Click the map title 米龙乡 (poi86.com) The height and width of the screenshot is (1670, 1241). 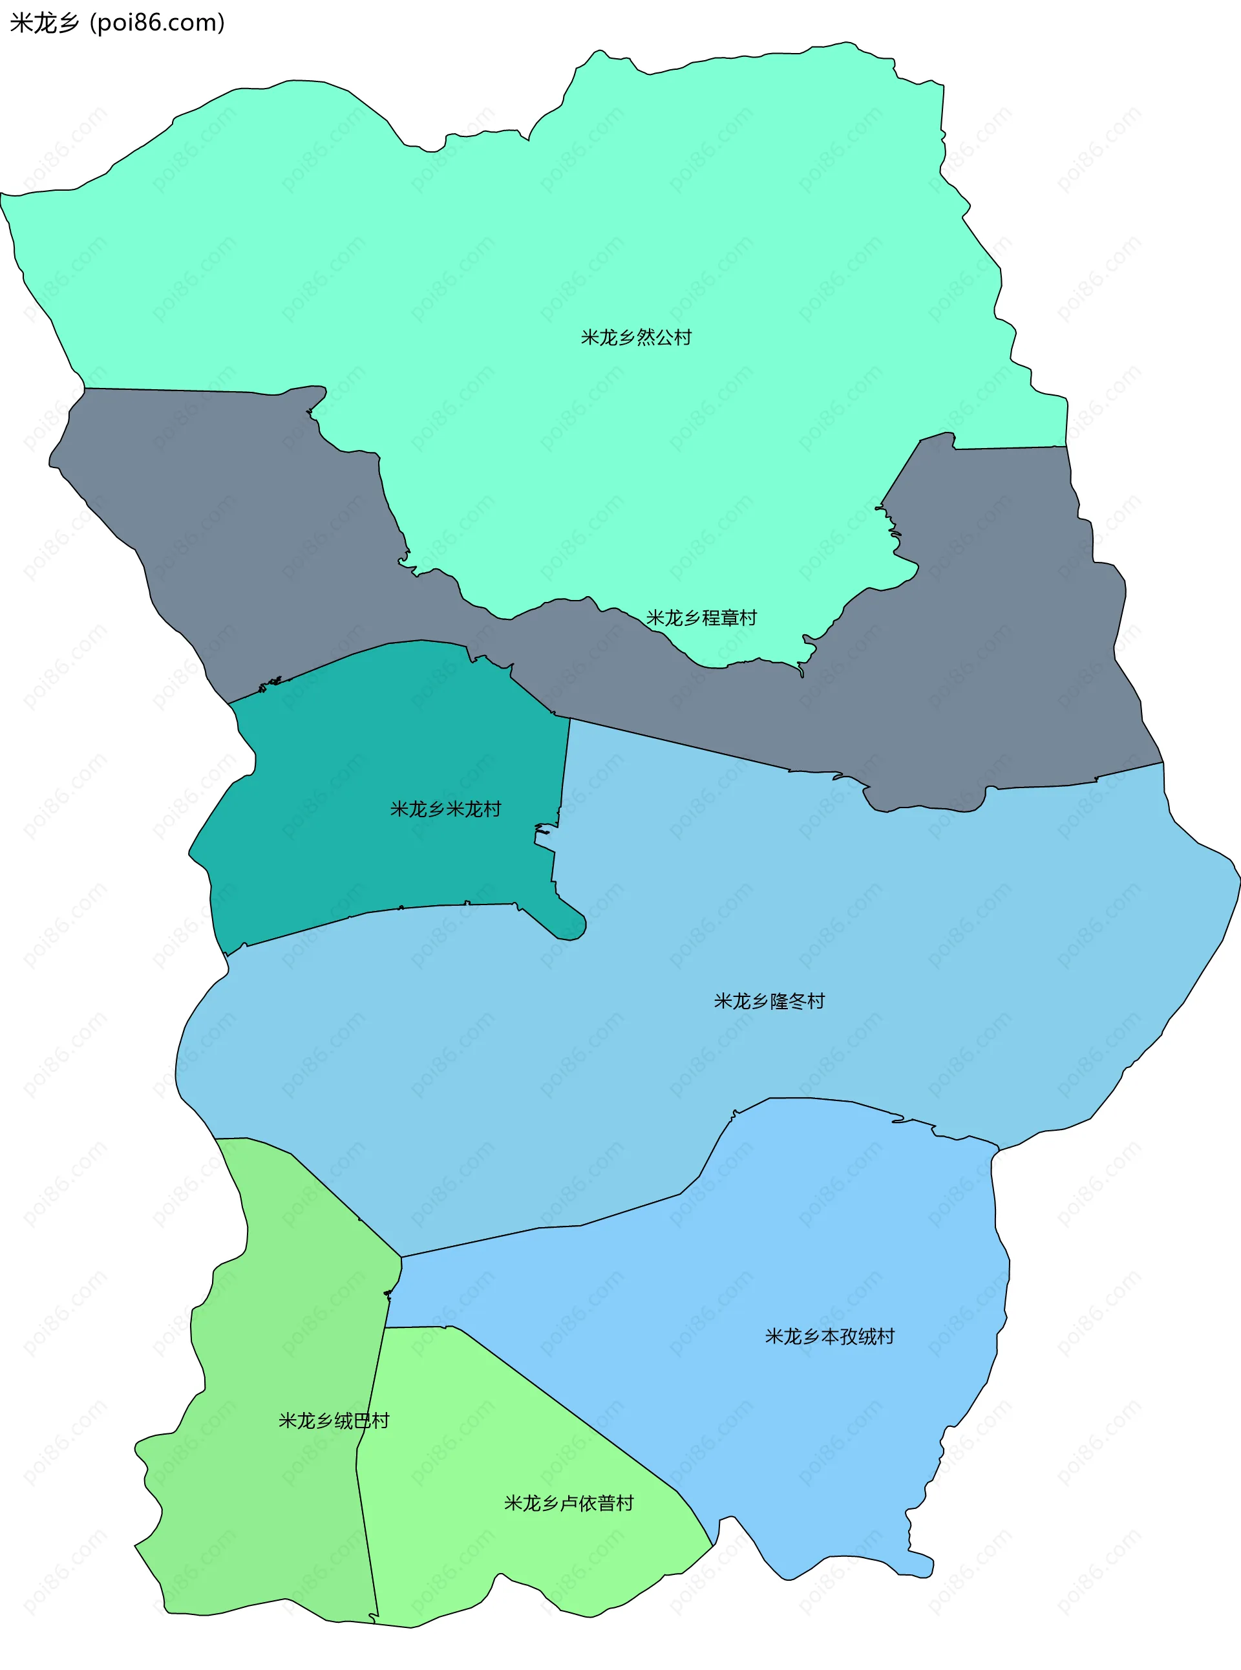click(x=117, y=23)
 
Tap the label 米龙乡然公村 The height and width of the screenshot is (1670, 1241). click(x=635, y=337)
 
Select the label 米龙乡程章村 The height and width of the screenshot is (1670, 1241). click(x=701, y=617)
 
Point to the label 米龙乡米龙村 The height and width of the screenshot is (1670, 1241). click(x=445, y=809)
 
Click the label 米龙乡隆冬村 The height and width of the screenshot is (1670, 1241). click(x=769, y=1001)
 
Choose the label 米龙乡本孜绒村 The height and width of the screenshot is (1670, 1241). click(x=829, y=1336)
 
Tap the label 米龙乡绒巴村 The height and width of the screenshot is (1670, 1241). click(x=334, y=1420)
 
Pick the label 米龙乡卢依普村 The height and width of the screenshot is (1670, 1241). click(x=569, y=1503)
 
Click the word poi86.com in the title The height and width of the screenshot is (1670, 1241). click(x=156, y=23)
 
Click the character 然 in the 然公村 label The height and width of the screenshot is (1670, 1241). click(x=645, y=337)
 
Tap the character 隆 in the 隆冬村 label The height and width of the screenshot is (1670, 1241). click(x=779, y=1001)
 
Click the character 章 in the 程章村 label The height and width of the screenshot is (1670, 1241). click(x=728, y=617)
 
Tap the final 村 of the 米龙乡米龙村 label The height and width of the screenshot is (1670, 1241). click(x=492, y=809)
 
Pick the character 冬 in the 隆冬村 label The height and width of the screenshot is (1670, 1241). click(x=797, y=1001)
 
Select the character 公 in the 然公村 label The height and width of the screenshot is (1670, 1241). click(x=664, y=337)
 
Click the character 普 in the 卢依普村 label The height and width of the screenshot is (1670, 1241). click(x=606, y=1503)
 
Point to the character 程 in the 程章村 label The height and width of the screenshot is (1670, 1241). click(x=710, y=617)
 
